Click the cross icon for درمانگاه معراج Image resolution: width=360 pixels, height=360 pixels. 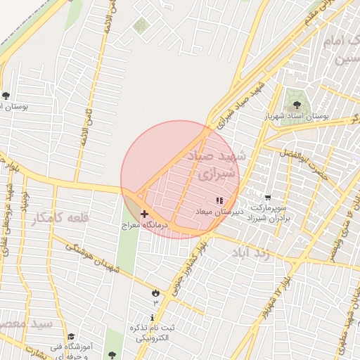[x=144, y=214]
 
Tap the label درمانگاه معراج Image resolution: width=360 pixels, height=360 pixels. [x=144, y=225]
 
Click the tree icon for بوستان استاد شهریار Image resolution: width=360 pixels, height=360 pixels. [x=296, y=104]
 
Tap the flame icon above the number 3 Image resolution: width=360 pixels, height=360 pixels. [x=155, y=291]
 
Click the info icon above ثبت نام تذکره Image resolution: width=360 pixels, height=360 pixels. [x=155, y=318]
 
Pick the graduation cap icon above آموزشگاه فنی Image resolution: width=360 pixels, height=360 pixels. [x=70, y=336]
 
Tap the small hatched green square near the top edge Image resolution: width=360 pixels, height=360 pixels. [x=141, y=26]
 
